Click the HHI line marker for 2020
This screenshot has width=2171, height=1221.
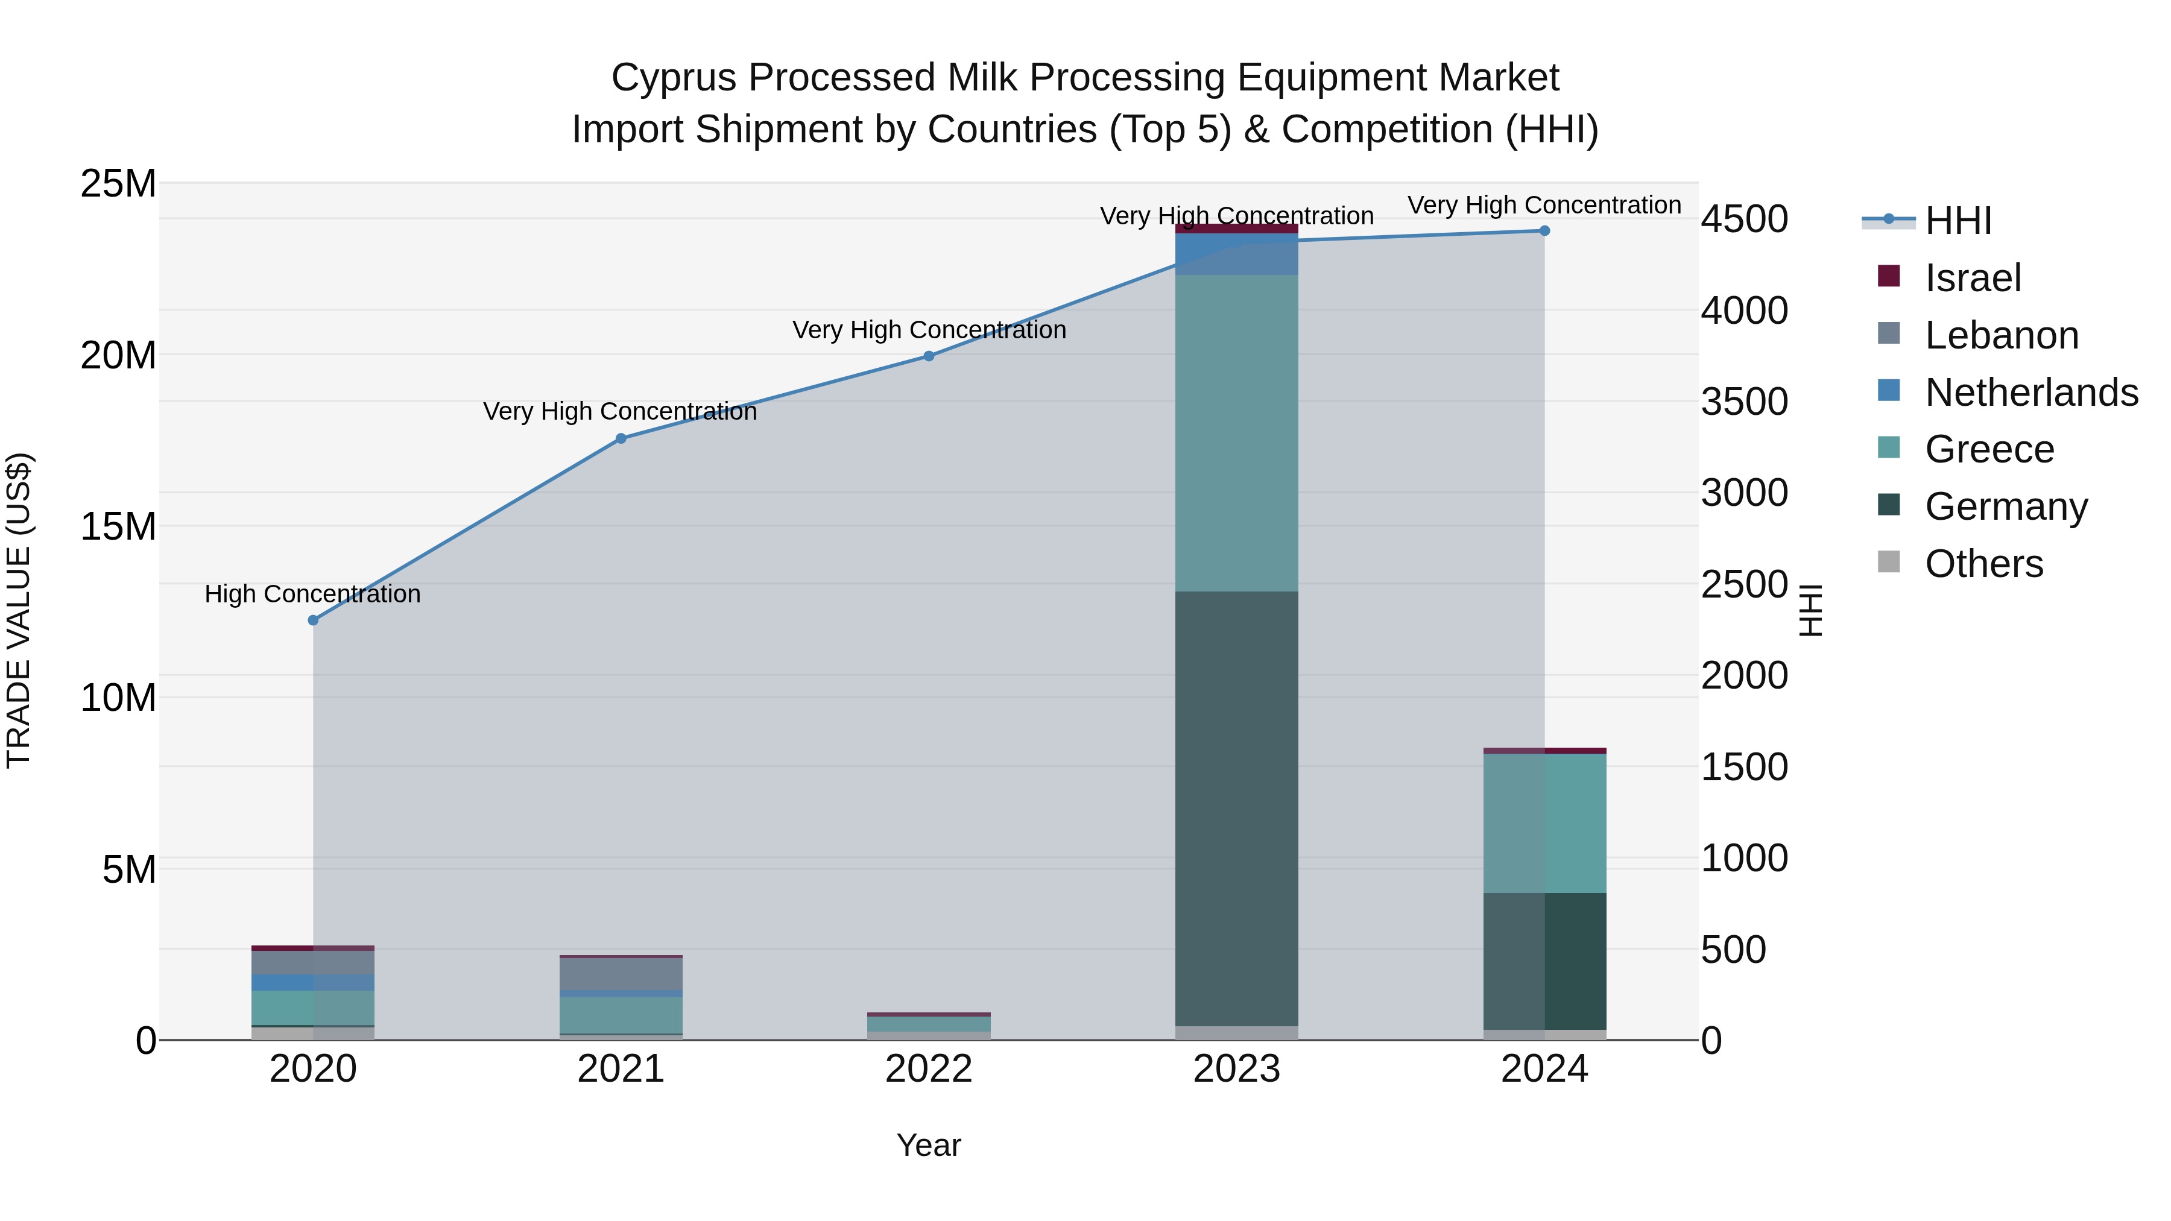coord(312,620)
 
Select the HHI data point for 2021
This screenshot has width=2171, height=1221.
coord(621,438)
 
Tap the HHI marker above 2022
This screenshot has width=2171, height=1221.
coord(929,356)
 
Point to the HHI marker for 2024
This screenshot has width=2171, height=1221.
coord(1544,231)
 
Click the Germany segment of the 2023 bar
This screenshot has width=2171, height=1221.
coord(1236,809)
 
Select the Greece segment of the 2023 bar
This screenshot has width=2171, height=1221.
coord(1236,433)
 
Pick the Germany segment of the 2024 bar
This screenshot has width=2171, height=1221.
coord(1544,961)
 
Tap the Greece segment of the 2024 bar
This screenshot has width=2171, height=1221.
coord(1544,823)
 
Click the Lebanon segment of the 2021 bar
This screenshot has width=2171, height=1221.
coord(621,974)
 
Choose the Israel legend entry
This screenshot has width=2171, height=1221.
coord(1972,278)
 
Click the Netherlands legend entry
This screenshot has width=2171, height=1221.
coord(2031,393)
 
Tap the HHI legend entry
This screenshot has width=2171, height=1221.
coord(1957,221)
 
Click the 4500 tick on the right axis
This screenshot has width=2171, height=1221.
coord(1743,219)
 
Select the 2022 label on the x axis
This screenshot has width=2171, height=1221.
coord(929,1069)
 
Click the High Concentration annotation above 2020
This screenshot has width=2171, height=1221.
coord(312,594)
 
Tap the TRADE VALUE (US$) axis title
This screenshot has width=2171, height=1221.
coord(19,610)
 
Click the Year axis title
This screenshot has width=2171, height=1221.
coord(929,1145)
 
